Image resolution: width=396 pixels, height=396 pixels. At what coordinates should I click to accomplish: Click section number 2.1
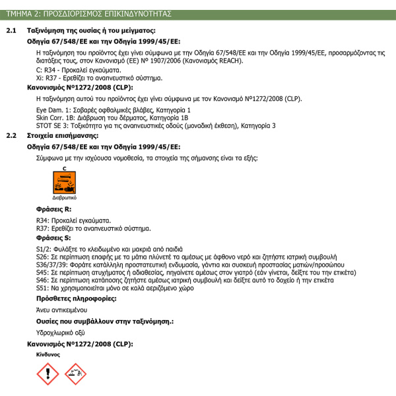pyautogui.click(x=11, y=30)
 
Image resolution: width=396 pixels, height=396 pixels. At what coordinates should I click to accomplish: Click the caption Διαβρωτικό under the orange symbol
pyautogui.click(x=64, y=197)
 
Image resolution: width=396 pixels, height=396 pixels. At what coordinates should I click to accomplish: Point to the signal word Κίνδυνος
pyautogui.click(x=48, y=354)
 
